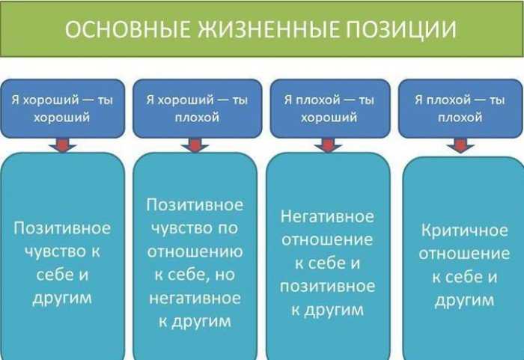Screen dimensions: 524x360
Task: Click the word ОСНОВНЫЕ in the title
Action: pyautogui.click(x=128, y=29)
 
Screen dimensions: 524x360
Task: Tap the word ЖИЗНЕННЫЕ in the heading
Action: pyautogui.click(x=269, y=29)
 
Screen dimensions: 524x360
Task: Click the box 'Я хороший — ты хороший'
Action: pyautogui.click(x=62, y=109)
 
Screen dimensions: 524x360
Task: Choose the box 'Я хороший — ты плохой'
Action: pyautogui.click(x=197, y=109)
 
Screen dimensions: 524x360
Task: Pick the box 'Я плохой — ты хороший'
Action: pyautogui.click(x=330, y=109)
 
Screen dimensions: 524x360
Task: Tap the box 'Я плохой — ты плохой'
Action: pyautogui.click(x=460, y=109)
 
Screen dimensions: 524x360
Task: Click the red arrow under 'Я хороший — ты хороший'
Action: pyautogui.click(x=62, y=145)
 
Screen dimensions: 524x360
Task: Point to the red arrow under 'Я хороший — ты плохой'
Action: pyautogui.click(x=195, y=145)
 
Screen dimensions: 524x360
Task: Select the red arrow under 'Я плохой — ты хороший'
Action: pyautogui.click(x=328, y=145)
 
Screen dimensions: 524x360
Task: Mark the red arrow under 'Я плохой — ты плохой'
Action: pyautogui.click(x=460, y=146)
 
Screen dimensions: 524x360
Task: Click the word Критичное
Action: pyautogui.click(x=465, y=231)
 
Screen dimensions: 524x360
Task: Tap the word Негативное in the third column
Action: pyautogui.click(x=327, y=216)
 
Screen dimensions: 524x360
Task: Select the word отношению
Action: pyautogui.click(x=195, y=251)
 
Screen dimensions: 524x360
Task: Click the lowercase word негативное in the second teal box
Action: pyautogui.click(x=195, y=298)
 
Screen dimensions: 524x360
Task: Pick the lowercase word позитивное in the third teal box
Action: pyautogui.click(x=328, y=287)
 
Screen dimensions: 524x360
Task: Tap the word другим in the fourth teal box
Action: pyautogui.click(x=465, y=301)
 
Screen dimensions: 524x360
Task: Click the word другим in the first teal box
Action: pyautogui.click(x=62, y=298)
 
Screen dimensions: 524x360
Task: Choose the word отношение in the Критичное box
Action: pyautogui.click(x=465, y=254)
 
